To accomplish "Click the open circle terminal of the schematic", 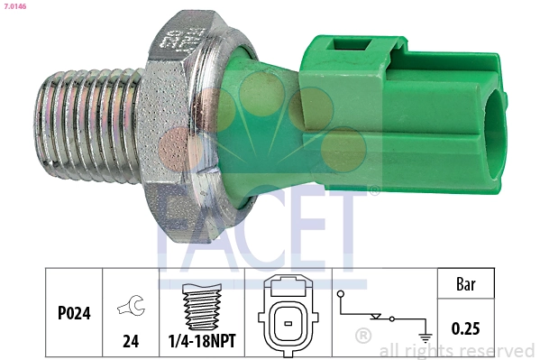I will coord(339,294).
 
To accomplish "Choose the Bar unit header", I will coord(465,284).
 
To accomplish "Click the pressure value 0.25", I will coord(465,329).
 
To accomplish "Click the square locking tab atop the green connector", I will coord(347,45).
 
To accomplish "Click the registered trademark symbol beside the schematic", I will coord(363,336).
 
